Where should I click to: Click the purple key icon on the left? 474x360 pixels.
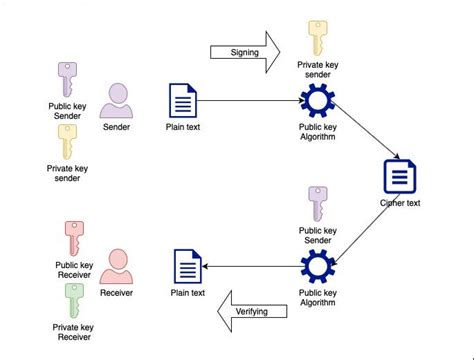click(66, 80)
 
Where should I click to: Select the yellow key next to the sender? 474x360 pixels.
click(66, 143)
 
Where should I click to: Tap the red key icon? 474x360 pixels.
click(73, 237)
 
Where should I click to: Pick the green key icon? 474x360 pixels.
click(73, 299)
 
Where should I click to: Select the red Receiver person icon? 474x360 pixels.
click(117, 265)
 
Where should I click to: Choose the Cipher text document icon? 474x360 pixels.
click(399, 177)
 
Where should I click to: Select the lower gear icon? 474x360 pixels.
click(316, 267)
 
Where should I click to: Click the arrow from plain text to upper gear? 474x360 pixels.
click(250, 101)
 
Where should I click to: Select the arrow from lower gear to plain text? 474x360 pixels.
click(253, 267)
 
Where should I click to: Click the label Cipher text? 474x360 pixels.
click(399, 203)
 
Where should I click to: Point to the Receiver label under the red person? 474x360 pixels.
click(117, 293)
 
